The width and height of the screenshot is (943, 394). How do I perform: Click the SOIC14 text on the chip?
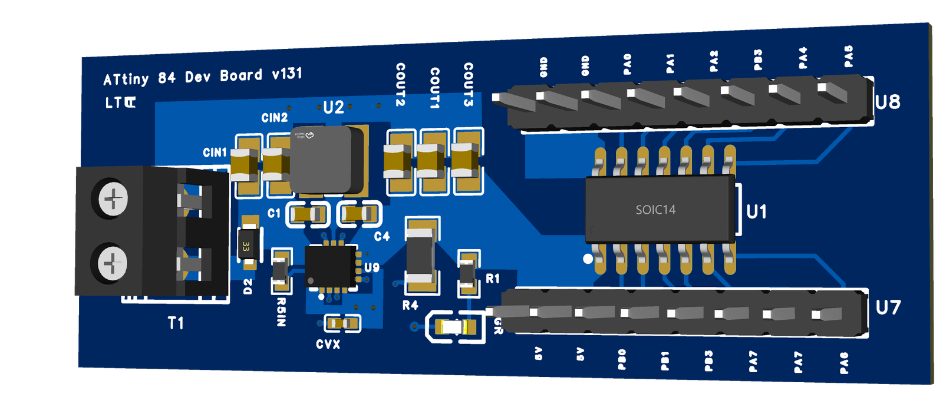(655, 210)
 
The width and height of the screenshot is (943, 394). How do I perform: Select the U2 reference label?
(333, 107)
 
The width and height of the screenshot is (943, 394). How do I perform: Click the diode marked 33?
(246, 246)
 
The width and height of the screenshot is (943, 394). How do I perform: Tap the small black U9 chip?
(330, 266)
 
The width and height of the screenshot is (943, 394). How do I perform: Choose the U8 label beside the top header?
(887, 102)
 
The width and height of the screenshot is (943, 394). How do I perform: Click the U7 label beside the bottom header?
(888, 307)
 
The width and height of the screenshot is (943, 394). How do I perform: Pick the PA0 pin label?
(627, 64)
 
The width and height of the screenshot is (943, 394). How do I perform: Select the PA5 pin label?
(848, 57)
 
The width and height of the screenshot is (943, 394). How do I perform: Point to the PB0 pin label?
(622, 359)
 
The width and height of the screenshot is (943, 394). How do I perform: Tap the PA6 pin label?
(844, 363)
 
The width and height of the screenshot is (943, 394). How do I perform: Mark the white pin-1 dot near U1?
(588, 259)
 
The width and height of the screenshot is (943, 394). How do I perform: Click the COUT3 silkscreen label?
(468, 84)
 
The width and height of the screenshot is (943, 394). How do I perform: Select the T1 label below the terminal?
(176, 323)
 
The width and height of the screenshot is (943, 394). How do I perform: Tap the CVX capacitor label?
(328, 345)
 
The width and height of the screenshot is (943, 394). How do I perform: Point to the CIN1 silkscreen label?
(215, 153)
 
